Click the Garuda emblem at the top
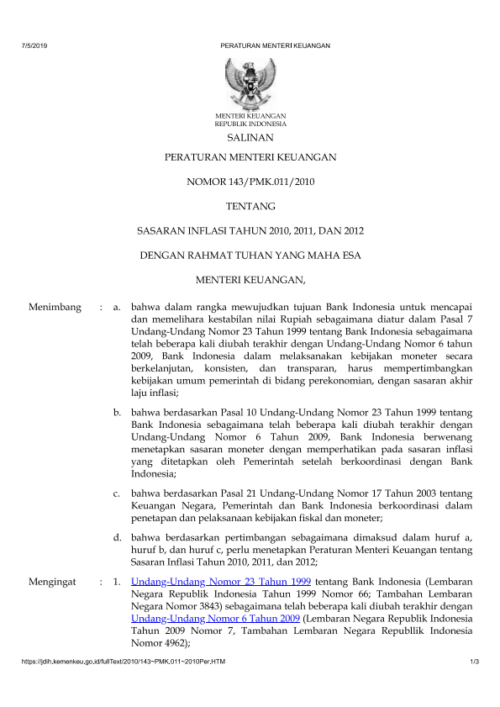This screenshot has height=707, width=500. (x=250, y=82)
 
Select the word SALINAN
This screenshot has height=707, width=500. (x=250, y=136)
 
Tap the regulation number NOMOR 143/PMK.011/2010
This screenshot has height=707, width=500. (x=250, y=181)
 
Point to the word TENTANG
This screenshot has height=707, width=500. (x=250, y=205)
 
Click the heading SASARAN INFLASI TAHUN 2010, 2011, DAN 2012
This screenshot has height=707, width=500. (x=250, y=230)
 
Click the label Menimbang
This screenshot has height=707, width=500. (x=55, y=308)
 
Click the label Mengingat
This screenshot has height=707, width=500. (x=52, y=581)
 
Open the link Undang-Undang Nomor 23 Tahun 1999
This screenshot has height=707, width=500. (x=222, y=581)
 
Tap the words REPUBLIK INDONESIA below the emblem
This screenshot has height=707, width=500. (x=250, y=123)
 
